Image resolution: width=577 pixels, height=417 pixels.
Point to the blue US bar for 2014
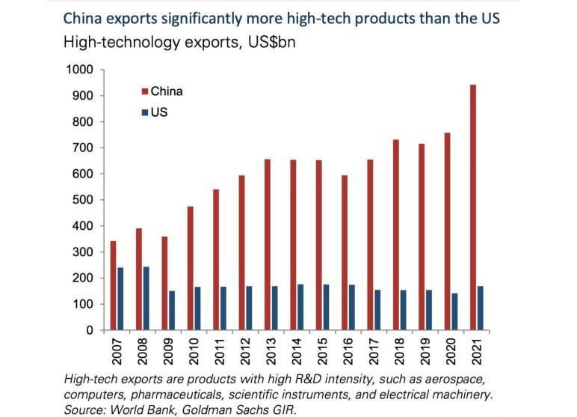tap(300, 307)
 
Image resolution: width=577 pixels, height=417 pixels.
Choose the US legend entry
tap(158, 112)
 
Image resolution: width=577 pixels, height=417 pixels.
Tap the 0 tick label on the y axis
tap(89, 330)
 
